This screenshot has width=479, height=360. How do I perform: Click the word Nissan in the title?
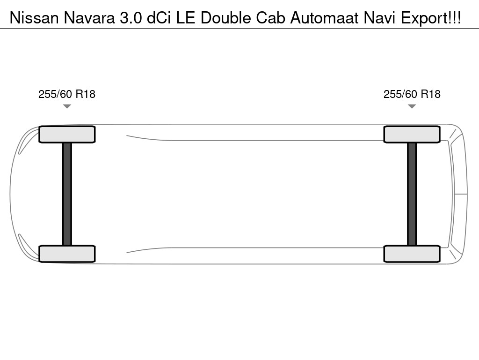click(x=34, y=18)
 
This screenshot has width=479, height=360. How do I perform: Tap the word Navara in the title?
click(x=89, y=18)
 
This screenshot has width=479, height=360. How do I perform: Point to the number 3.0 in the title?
click(x=131, y=18)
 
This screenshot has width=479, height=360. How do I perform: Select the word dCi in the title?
click(x=159, y=18)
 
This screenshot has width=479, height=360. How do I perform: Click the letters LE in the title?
click(x=185, y=18)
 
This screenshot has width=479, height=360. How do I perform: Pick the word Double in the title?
click(x=226, y=18)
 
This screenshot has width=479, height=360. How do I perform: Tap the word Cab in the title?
click(x=270, y=18)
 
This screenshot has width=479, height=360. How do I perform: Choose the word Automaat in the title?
click(x=324, y=18)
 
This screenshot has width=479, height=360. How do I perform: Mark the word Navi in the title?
click(x=379, y=18)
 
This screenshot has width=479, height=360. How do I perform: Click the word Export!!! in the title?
click(x=431, y=18)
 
